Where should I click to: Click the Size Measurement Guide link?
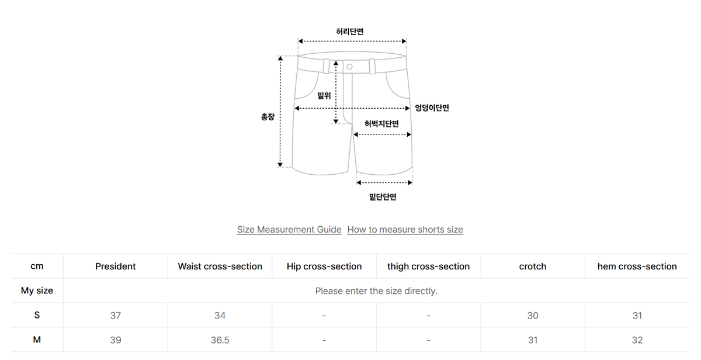289,230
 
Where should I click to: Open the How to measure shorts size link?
405,230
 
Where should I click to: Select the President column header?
116,266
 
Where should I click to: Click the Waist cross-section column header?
220,266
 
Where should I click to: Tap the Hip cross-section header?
324,266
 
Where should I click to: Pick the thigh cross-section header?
428,266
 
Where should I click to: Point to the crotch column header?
533,266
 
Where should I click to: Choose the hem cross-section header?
637,266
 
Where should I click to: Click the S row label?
37,315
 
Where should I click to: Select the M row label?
37,340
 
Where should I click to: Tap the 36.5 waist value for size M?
220,340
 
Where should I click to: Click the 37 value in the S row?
116,315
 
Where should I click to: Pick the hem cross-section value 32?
637,340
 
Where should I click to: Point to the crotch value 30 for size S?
533,315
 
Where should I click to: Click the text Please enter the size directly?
376,291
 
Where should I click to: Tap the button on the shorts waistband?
349,67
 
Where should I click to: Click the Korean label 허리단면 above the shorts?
349,32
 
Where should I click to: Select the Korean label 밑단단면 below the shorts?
383,197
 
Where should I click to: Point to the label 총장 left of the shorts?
268,117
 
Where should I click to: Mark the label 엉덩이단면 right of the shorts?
432,108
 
